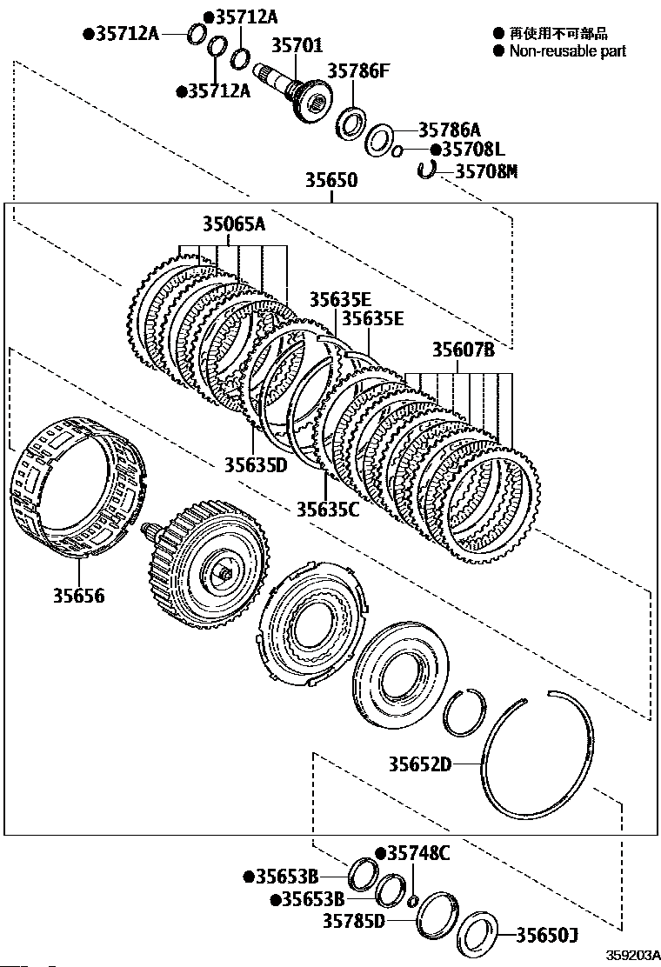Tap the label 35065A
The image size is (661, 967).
point(232,224)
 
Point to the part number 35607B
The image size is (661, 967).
point(464,350)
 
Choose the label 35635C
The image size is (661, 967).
point(327,509)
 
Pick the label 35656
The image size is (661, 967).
point(77,596)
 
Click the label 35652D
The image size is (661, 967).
point(420,764)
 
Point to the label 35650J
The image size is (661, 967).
point(547,936)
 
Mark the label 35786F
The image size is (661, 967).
point(359,72)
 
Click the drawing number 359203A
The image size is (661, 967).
point(633,954)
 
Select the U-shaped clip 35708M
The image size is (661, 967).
point(426,169)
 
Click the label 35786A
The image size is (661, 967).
point(449,130)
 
